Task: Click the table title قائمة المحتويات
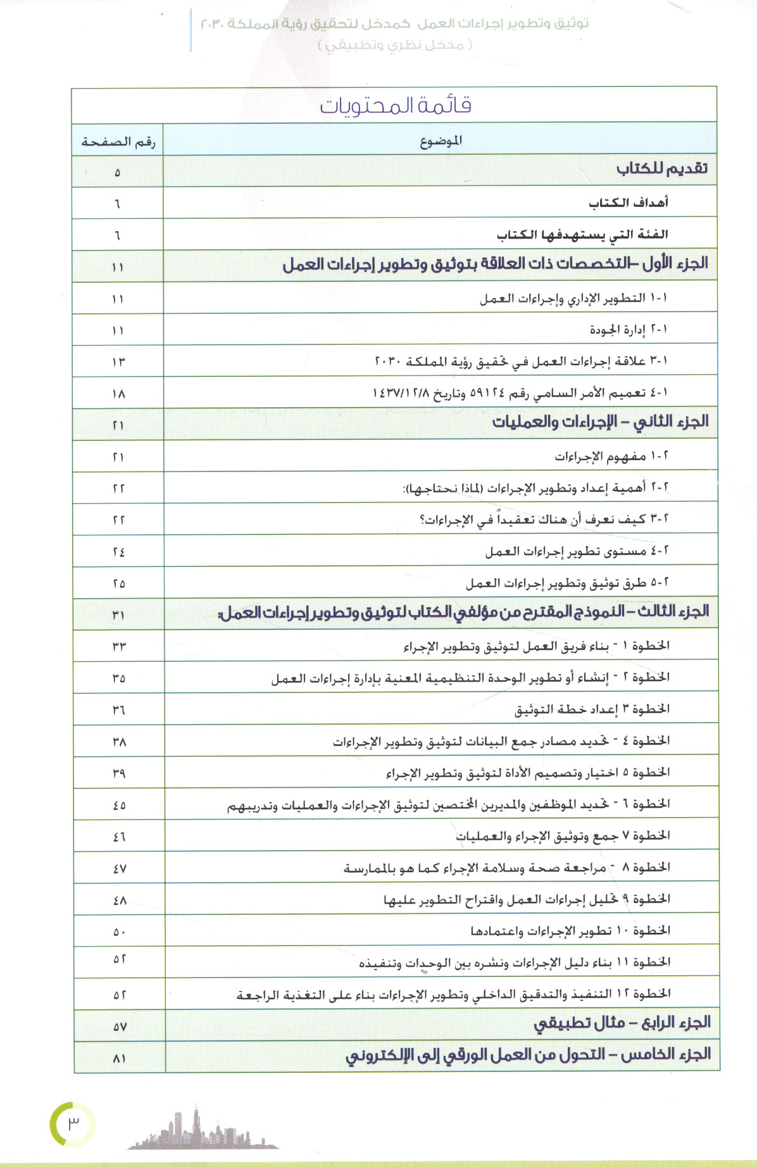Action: (395, 105)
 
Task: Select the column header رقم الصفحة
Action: (118, 142)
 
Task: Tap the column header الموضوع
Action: (441, 141)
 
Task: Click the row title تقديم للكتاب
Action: (661, 169)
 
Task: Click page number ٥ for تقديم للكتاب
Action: (117, 172)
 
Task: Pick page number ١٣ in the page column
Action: (118, 362)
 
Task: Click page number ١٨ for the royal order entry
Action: (118, 394)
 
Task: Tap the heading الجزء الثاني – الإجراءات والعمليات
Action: (600, 422)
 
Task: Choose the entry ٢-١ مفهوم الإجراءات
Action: (611, 456)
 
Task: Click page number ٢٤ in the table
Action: (118, 552)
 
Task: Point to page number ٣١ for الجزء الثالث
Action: (118, 615)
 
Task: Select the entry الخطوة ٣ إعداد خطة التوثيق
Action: (592, 709)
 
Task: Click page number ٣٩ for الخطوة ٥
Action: (118, 773)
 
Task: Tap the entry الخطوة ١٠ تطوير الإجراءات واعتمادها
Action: (570, 931)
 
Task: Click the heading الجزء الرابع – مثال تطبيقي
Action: (622, 1023)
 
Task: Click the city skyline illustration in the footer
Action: (203, 1130)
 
